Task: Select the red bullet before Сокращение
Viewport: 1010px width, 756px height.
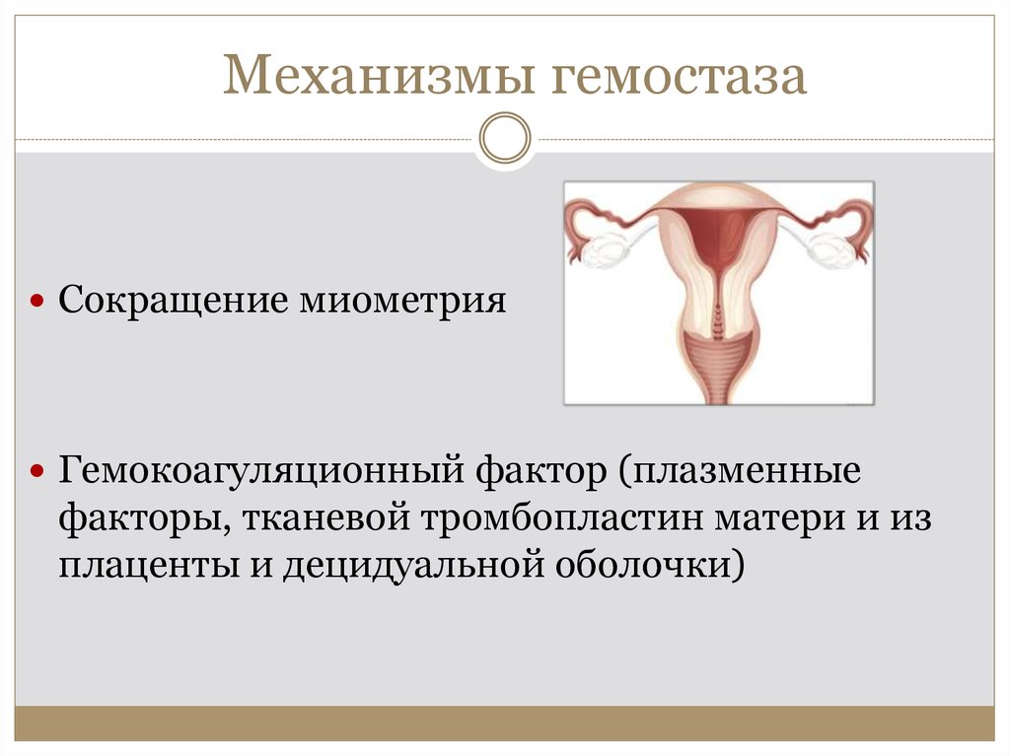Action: [36, 300]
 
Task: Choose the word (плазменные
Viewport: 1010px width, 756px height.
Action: [740, 471]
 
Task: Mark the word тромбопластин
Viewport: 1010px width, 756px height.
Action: [561, 517]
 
